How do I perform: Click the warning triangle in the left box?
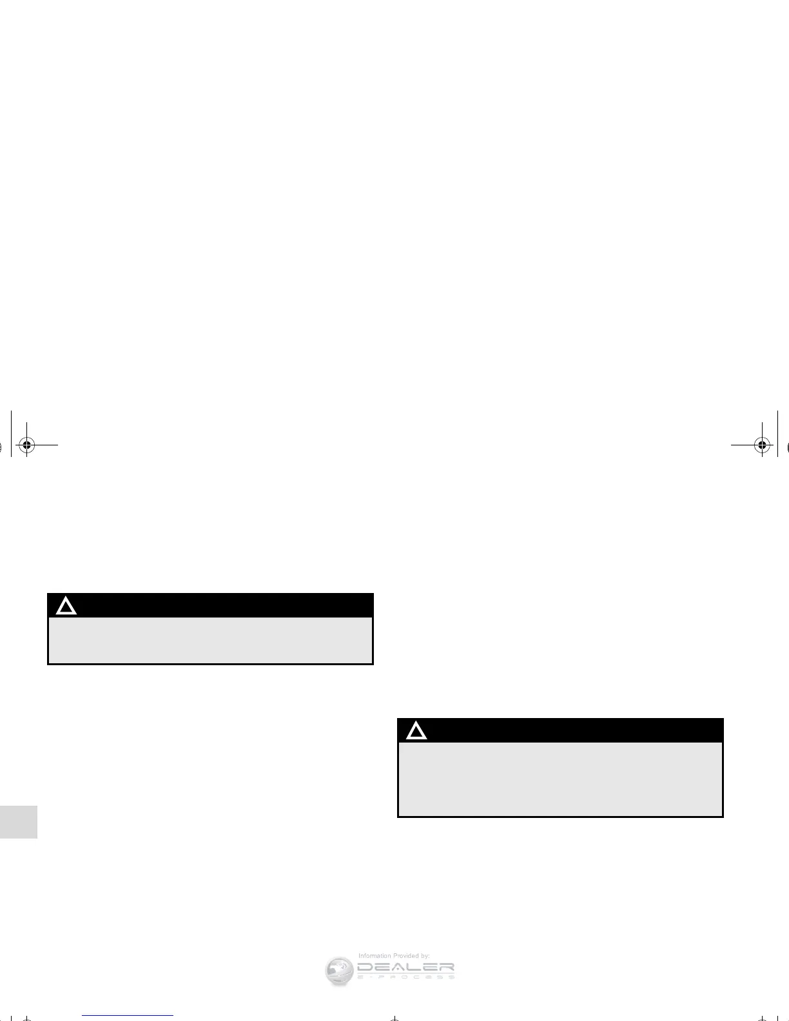pos(66,607)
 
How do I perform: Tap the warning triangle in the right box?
pos(416,731)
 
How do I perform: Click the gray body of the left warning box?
pos(211,640)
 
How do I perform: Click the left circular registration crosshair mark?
pos(26,445)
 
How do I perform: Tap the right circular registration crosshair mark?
pos(762,445)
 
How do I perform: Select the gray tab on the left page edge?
pos(19,821)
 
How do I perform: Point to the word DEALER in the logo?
pos(405,968)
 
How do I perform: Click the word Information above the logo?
pos(375,956)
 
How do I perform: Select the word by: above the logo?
pos(425,956)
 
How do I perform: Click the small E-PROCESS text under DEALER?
pos(405,977)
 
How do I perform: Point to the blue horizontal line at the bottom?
pos(128,1015)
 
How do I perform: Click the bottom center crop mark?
pos(395,1018)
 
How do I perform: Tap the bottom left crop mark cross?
pos(26,1018)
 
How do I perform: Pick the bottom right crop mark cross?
pos(762,1018)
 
